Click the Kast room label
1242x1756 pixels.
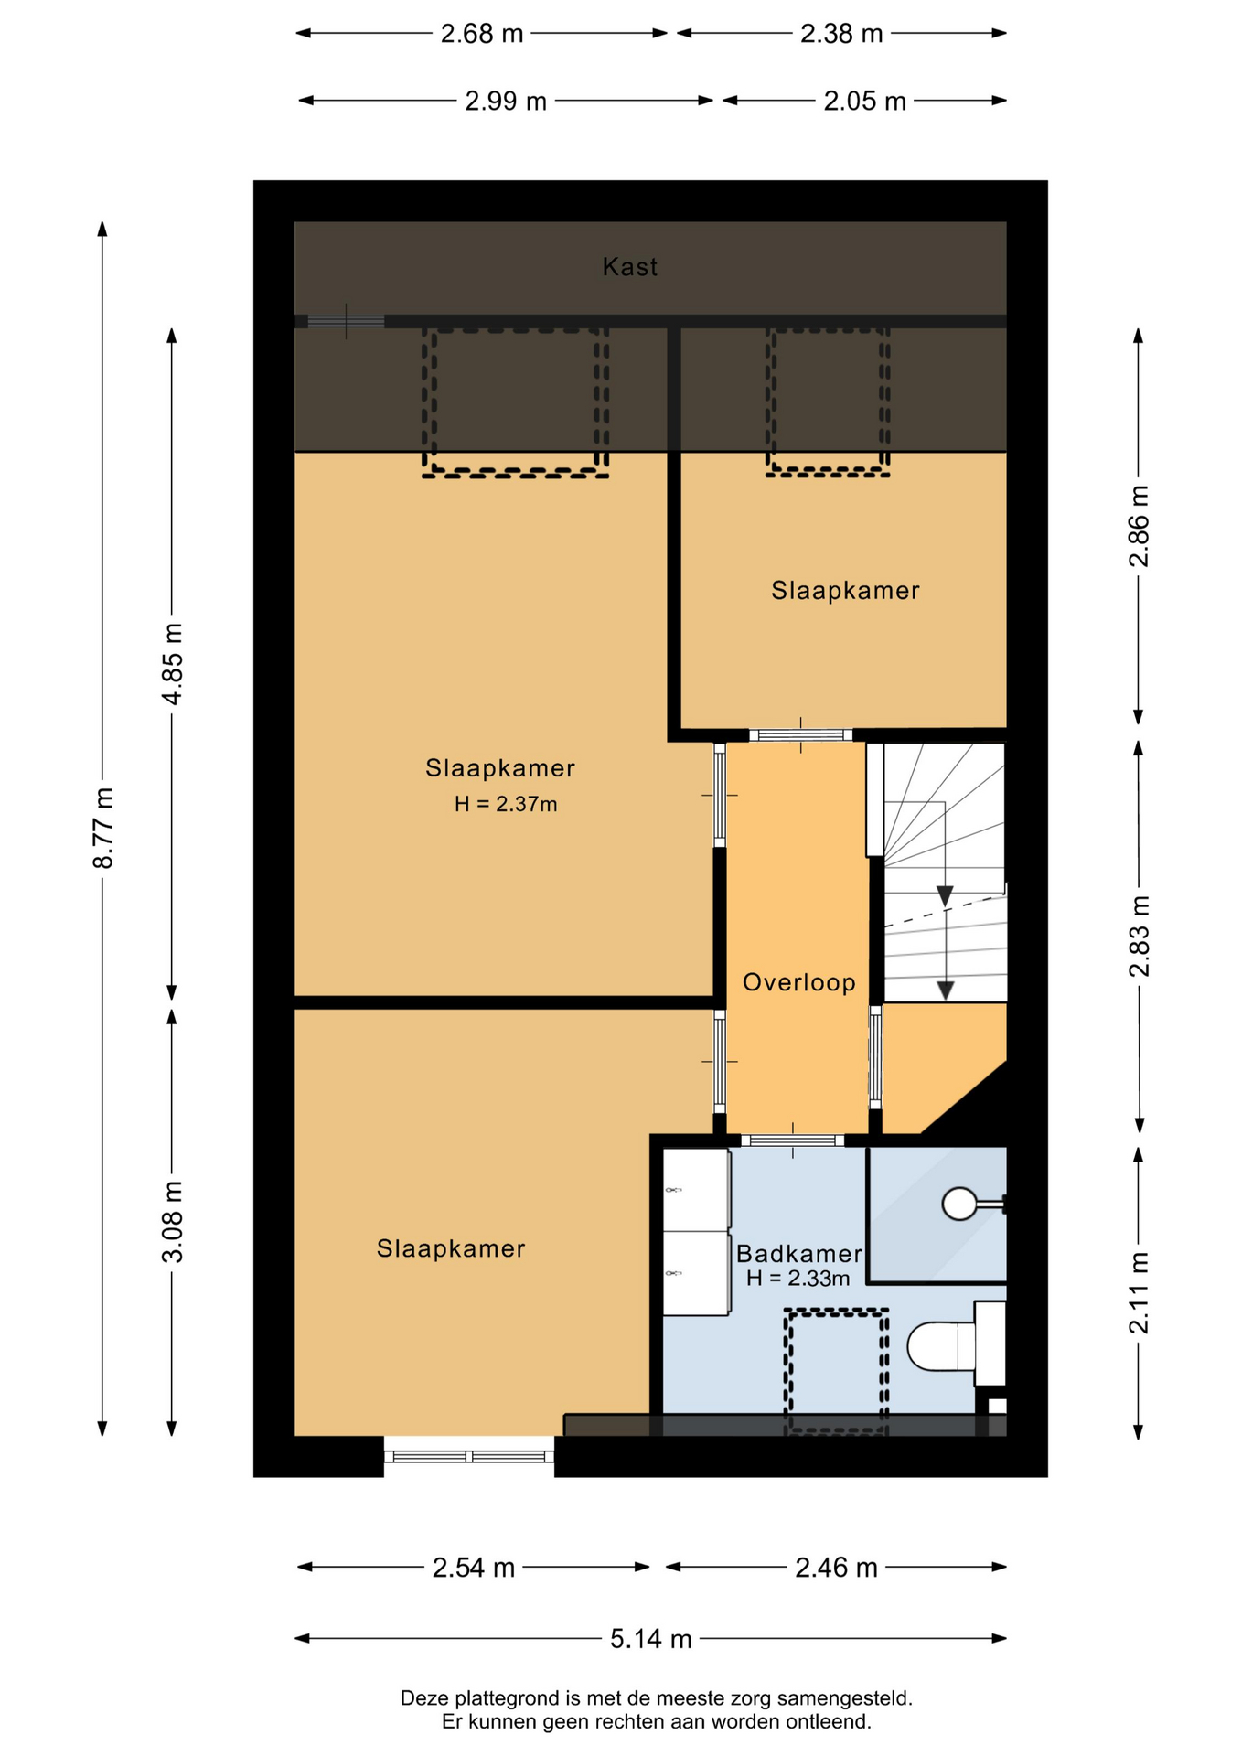[x=629, y=267]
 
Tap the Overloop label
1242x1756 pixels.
[x=799, y=982]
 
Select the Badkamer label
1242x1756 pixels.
[x=799, y=1254]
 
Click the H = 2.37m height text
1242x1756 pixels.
[x=506, y=804]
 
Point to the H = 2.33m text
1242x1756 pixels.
[x=798, y=1278]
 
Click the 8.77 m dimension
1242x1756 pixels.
[x=102, y=828]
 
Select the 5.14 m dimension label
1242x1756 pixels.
[x=651, y=1638]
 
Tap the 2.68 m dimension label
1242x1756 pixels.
[x=482, y=34]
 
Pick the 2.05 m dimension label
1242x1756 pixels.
[x=864, y=101]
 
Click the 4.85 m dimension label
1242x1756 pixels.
[x=172, y=663]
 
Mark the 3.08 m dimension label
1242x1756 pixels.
[x=172, y=1222]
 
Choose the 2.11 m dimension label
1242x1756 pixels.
[x=1139, y=1293]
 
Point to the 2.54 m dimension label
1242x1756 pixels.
[x=474, y=1568]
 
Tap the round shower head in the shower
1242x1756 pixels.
[x=959, y=1204]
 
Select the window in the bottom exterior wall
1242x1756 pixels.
[x=469, y=1456]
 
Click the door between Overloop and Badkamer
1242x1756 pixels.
[x=792, y=1140]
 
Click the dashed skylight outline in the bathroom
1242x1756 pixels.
[x=836, y=1372]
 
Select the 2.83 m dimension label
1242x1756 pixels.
[x=1139, y=937]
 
